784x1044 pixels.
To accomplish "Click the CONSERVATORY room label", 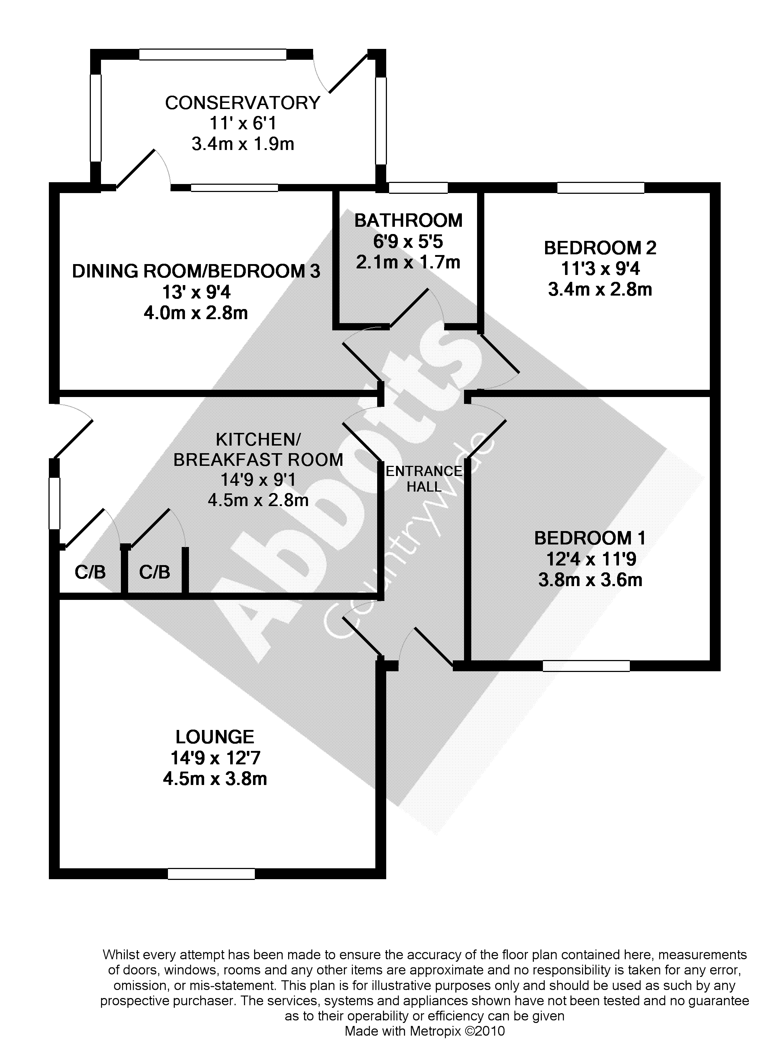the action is coord(243,103).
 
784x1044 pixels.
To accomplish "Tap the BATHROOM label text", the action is coord(409,220).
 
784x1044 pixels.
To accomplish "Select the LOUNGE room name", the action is coord(215,737).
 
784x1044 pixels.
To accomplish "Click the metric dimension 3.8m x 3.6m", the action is coord(590,580).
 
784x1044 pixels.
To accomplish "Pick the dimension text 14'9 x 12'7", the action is coord(215,758).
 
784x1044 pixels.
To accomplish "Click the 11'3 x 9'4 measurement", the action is coord(600,268).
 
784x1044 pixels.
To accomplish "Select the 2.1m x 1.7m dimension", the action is coord(408,262).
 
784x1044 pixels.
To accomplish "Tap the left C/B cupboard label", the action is coord(90,572).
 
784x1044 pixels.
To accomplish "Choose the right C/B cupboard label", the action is coord(154,572).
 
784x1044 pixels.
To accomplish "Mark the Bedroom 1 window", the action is coord(586,665).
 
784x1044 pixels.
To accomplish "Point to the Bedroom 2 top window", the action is coord(600,187).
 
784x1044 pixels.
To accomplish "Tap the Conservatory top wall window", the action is coord(213,54).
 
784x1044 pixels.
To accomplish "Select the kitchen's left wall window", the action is coord(55,503).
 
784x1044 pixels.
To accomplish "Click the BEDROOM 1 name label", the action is coord(590,538).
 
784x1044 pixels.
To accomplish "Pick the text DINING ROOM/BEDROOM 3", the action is coord(196,271).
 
